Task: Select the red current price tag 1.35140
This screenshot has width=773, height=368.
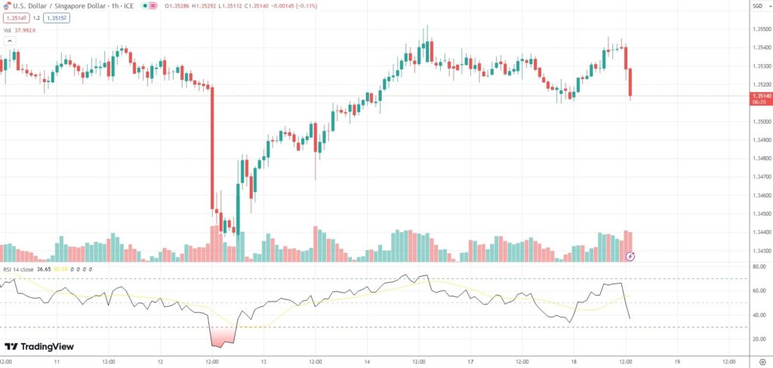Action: tap(761, 97)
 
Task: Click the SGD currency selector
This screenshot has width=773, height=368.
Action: tap(757, 6)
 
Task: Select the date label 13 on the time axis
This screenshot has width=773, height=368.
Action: tap(263, 362)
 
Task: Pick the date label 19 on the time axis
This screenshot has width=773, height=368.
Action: tap(677, 362)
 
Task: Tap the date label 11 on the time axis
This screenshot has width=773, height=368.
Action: tap(57, 362)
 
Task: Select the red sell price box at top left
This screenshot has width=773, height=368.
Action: tap(15, 17)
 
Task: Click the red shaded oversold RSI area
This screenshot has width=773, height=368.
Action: tap(223, 337)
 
